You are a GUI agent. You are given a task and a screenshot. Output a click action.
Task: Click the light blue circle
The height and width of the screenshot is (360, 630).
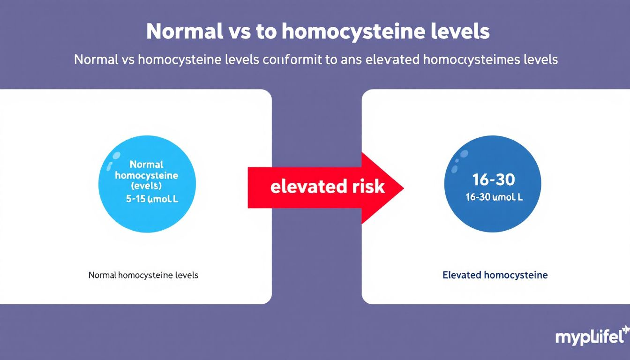pos(147,184)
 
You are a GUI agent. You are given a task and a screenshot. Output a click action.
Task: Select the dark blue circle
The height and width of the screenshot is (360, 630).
pos(492,184)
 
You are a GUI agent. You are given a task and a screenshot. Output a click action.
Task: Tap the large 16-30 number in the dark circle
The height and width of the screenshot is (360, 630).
pos(494,179)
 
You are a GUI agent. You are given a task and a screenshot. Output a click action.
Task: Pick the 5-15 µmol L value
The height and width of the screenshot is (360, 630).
pos(152,198)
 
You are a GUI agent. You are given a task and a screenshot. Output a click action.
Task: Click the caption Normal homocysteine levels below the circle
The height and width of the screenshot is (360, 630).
pos(143,275)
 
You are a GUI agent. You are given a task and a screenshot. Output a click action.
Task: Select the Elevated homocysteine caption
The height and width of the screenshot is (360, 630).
pos(495,275)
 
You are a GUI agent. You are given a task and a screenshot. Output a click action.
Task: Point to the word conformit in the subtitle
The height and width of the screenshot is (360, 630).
pos(292,60)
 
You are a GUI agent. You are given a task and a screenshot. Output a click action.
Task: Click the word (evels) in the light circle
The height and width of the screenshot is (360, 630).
pos(146,186)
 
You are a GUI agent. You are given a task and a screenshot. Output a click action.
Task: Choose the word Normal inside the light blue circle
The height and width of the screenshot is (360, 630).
pos(146,165)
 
